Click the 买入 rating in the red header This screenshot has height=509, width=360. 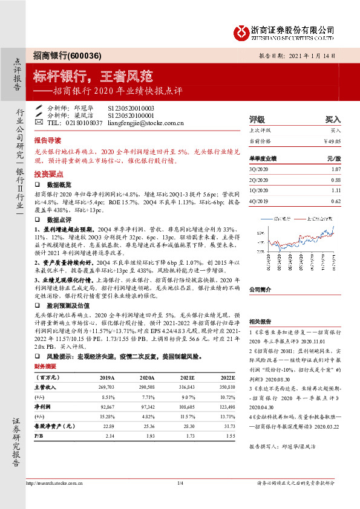tap(333, 119)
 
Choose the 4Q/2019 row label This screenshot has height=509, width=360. tap(258, 199)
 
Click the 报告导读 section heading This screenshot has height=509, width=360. tap(47, 138)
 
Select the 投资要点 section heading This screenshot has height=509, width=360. tap(47, 172)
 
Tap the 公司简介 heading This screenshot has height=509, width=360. tap(259, 273)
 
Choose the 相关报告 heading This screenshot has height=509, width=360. tap(259, 321)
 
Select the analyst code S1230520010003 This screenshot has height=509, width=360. tap(131, 108)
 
